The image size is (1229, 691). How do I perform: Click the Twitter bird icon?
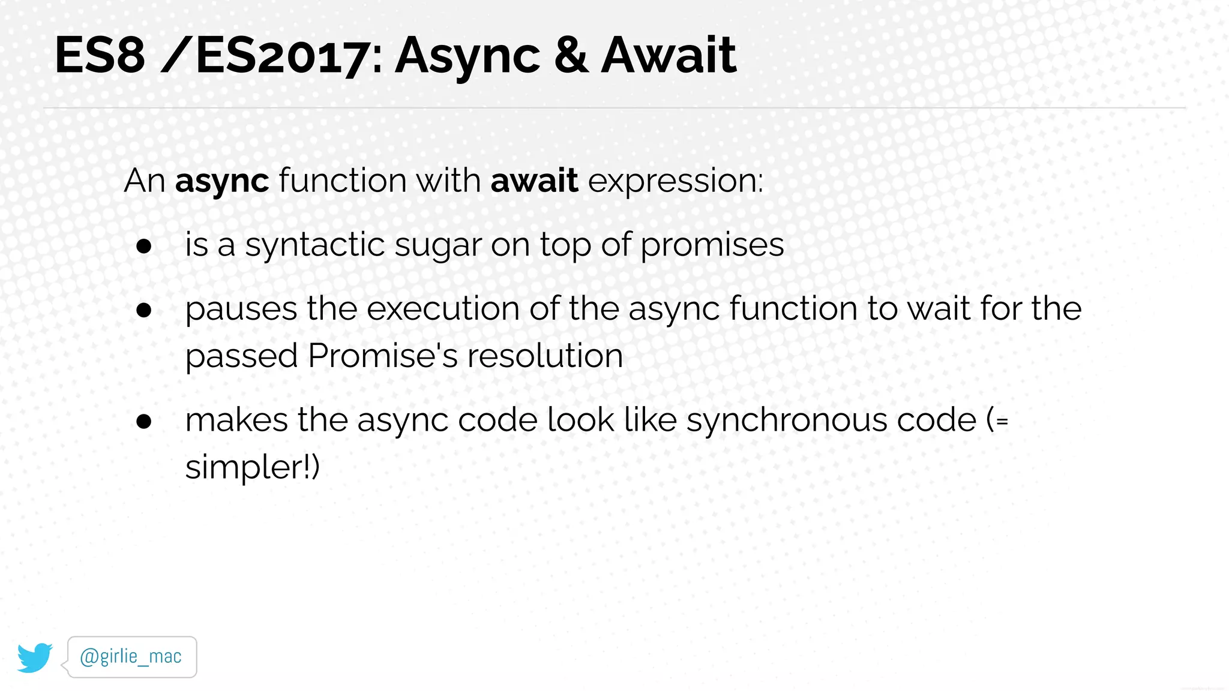tap(35, 657)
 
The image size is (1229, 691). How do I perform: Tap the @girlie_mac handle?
tap(131, 657)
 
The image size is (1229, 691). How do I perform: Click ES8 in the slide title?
tap(100, 55)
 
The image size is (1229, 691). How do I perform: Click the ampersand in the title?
tap(571, 55)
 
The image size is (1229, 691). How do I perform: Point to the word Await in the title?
tap(668, 55)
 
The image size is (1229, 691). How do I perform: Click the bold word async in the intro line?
tap(221, 181)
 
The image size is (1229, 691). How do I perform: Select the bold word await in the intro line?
tap(534, 181)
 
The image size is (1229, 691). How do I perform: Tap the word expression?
tap(675, 181)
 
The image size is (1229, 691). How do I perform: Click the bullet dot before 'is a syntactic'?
tap(144, 245)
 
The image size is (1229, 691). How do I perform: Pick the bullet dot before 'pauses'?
tap(144, 310)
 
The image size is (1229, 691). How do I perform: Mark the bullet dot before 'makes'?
tap(144, 421)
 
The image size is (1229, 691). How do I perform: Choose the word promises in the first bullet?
tap(712, 245)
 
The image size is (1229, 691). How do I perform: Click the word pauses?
tap(241, 310)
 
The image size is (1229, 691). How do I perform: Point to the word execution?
tap(443, 310)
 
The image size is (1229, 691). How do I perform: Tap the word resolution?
tap(545, 356)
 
